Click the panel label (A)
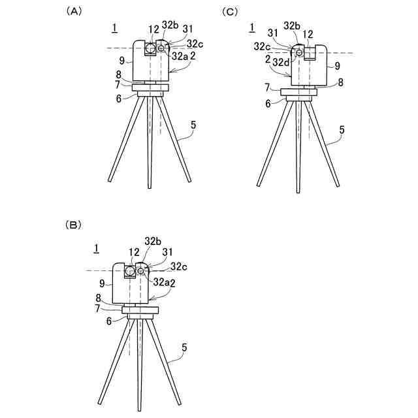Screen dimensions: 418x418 pyautogui.click(x=73, y=11)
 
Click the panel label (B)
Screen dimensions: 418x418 pyautogui.click(x=73, y=224)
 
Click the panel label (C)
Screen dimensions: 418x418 pyautogui.click(x=231, y=11)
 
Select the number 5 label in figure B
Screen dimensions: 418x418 pyautogui.click(x=184, y=349)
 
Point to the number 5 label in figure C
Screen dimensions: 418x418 pyautogui.click(x=342, y=130)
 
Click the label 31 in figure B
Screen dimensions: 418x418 pyautogui.click(x=167, y=251)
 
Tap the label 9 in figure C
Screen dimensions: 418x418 pyautogui.click(x=338, y=65)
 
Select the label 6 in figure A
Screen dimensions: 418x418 pyautogui.click(x=119, y=99)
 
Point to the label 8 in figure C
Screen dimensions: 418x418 pyautogui.click(x=340, y=82)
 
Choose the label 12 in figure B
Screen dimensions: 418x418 pyautogui.click(x=134, y=251)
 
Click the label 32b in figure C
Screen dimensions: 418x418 pyautogui.click(x=291, y=25)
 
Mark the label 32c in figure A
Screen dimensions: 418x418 pyautogui.click(x=195, y=44)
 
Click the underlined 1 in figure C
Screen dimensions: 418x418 pyautogui.click(x=252, y=27)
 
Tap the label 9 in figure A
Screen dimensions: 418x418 pyautogui.click(x=121, y=59)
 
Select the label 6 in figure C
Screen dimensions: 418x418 pyautogui.click(x=268, y=103)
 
